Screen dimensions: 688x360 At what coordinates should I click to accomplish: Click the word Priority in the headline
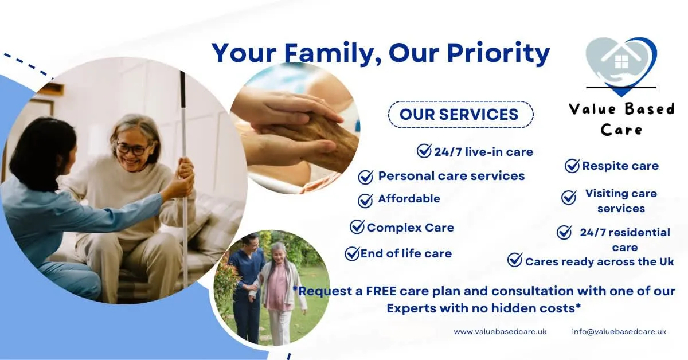point(498,54)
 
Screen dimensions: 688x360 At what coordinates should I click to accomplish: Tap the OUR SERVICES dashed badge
point(461,114)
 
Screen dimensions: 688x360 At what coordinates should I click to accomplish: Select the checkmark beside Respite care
point(572,166)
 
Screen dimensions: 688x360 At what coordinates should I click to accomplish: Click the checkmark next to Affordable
point(366,201)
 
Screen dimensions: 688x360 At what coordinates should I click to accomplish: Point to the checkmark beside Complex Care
point(357,227)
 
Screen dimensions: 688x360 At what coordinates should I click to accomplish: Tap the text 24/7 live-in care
point(483,152)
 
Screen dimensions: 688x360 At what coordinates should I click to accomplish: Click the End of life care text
point(406,253)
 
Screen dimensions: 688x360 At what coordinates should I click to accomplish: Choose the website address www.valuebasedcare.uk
point(500,332)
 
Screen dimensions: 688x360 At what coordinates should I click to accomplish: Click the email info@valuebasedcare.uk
point(619,332)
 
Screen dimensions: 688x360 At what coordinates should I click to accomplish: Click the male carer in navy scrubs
point(247,285)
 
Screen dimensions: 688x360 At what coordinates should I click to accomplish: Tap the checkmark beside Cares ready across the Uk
point(515,260)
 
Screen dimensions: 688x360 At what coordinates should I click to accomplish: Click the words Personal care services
point(452,176)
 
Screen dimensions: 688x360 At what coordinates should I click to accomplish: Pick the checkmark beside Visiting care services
point(569,197)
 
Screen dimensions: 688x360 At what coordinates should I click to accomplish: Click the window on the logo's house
point(621,62)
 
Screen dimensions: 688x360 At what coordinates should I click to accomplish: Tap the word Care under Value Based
point(621,130)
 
